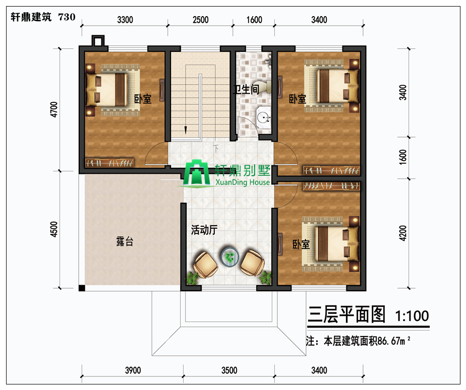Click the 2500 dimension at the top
click(x=200, y=20)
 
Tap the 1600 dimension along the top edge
click(x=254, y=20)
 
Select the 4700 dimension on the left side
click(x=54, y=109)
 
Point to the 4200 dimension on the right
click(x=402, y=233)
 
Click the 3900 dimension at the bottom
click(x=133, y=370)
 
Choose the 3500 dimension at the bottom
click(x=229, y=370)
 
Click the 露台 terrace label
click(x=125, y=241)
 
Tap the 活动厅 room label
click(x=204, y=230)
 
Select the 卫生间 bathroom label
click(x=246, y=89)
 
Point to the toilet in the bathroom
click(x=266, y=87)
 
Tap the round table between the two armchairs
click(x=230, y=256)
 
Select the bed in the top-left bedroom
click(x=107, y=89)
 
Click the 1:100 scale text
click(x=412, y=316)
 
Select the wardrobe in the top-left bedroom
click(x=109, y=163)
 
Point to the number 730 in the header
click(x=67, y=17)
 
